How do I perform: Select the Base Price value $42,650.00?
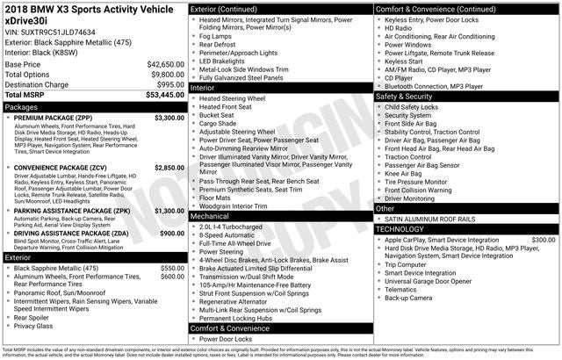(x=165, y=64)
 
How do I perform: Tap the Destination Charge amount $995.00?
(x=169, y=83)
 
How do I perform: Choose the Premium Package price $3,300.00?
(x=169, y=117)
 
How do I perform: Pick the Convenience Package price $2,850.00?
(x=169, y=167)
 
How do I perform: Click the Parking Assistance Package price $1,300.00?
(x=169, y=211)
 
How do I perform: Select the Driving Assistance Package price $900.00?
(x=171, y=233)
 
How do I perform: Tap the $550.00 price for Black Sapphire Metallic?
(x=172, y=267)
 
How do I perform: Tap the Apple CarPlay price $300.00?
(x=543, y=239)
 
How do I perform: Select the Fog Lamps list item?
(x=216, y=36)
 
